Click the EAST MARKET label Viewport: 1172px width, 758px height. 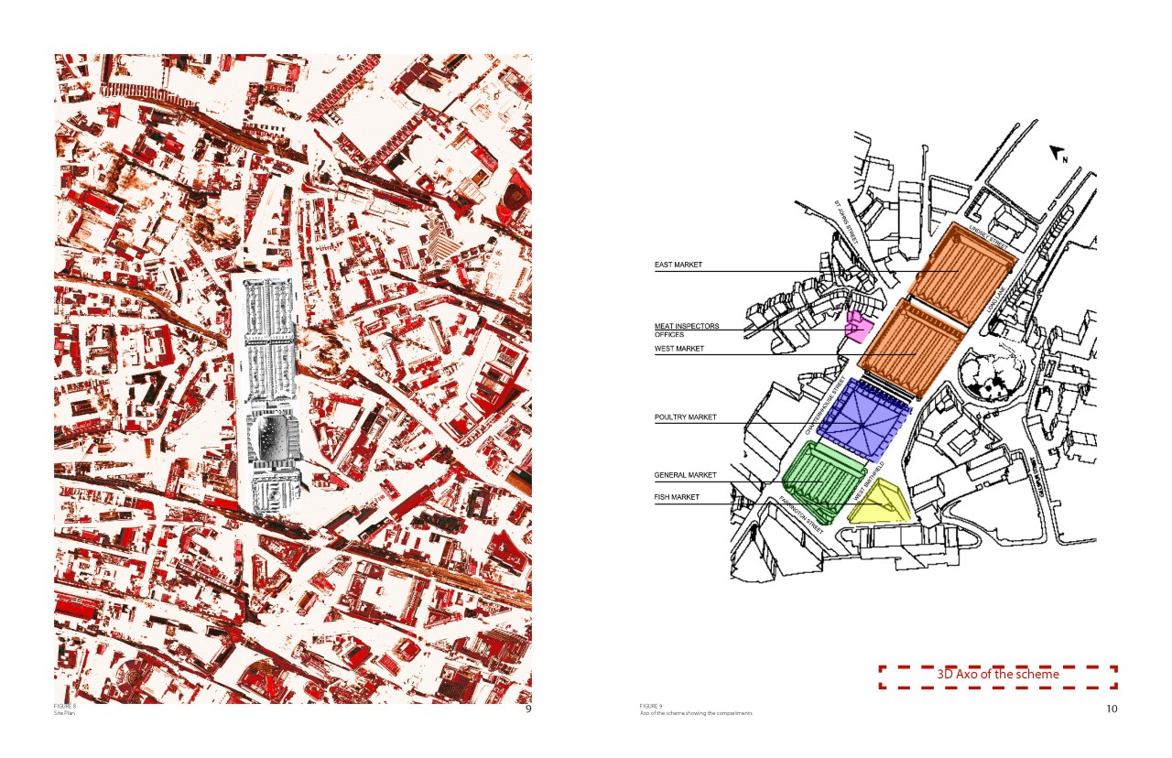(x=678, y=265)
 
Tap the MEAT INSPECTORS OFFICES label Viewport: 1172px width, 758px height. (x=687, y=330)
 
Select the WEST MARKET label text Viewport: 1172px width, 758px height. (x=679, y=349)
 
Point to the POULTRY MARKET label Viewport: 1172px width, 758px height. (x=686, y=417)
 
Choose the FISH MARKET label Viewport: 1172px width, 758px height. (x=678, y=497)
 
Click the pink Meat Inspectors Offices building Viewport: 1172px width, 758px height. (x=858, y=327)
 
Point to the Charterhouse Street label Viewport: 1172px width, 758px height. (x=823, y=406)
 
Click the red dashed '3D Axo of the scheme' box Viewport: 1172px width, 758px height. (x=998, y=676)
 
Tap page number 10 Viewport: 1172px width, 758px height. (x=1112, y=709)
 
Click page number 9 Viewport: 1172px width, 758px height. (x=527, y=709)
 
